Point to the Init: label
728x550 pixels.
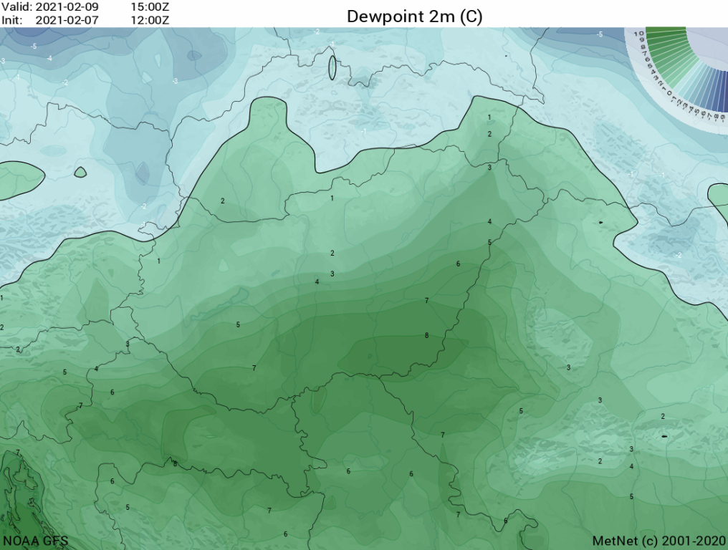click(11, 19)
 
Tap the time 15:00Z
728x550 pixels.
click(150, 6)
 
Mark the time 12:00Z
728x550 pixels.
click(150, 19)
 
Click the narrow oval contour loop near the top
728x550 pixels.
click(332, 68)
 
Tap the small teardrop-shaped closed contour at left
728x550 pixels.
click(80, 172)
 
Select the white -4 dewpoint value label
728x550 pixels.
click(49, 59)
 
